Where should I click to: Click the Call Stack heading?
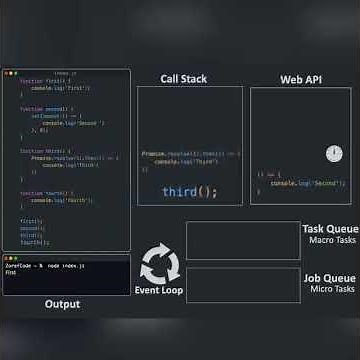[184, 79]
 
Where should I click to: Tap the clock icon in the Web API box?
[334, 153]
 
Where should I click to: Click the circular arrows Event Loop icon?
[159, 266]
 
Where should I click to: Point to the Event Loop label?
[159, 290]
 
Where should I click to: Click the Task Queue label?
[329, 229]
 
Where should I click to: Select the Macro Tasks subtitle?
[333, 240]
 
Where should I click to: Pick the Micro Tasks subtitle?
[334, 289]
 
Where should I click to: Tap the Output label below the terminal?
[62, 304]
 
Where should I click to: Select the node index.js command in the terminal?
[67, 265]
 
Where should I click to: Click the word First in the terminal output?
[11, 272]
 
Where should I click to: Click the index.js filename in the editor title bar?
[66, 73]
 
